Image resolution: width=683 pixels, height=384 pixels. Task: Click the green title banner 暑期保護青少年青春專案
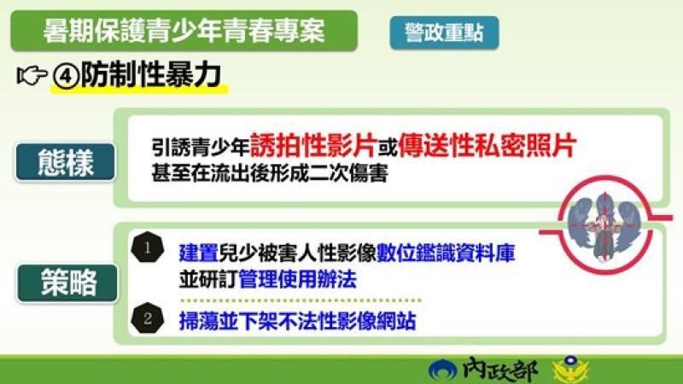point(183,32)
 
